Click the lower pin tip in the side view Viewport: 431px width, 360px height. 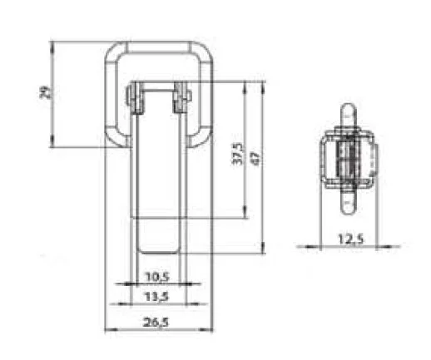pyautogui.click(x=349, y=208)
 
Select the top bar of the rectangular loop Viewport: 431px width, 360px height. pyautogui.click(x=158, y=48)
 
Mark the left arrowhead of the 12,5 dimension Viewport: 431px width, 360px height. pyautogui.click(x=324, y=247)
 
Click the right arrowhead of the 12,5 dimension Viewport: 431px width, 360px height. pyautogui.click(x=374, y=247)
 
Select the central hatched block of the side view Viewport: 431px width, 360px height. pyautogui.click(x=349, y=158)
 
